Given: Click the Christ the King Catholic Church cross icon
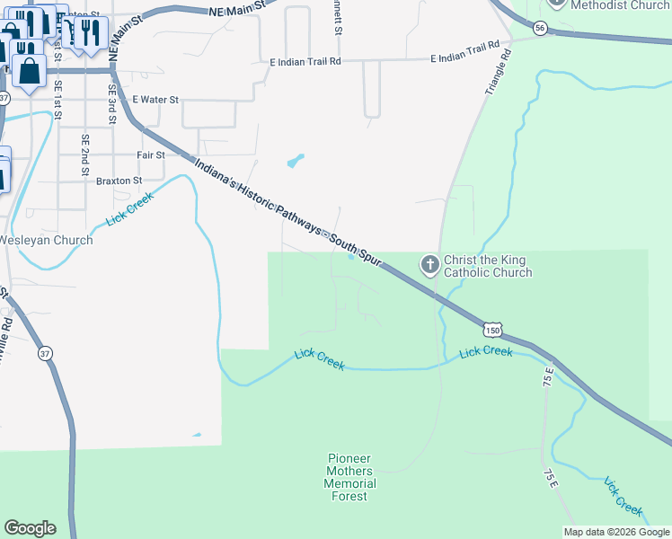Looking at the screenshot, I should [430, 265].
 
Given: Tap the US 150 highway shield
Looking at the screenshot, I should [491, 330].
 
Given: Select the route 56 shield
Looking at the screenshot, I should [539, 29].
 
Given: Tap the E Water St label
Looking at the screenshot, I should [155, 100].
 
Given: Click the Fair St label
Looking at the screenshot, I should [151, 155].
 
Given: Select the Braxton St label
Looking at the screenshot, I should [119, 181].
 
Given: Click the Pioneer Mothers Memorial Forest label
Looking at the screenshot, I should [349, 477].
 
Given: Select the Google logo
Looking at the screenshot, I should [30, 528].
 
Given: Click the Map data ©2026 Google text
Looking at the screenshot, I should [616, 532].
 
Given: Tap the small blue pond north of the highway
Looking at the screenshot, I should [295, 163].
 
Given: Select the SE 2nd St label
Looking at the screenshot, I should [84, 154].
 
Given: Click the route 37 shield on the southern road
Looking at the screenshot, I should [45, 353].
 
